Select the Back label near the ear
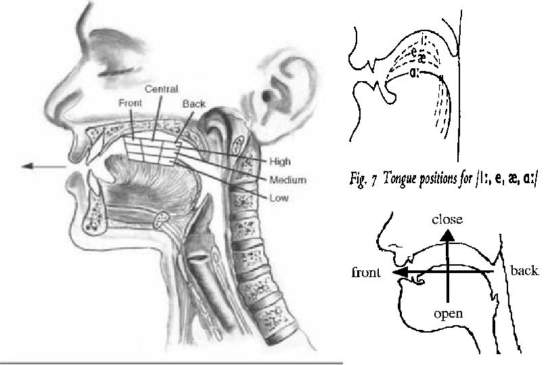point(194,104)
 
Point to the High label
point(280,162)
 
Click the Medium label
point(288,180)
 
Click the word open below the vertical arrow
point(447,314)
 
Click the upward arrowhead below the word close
point(447,235)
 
